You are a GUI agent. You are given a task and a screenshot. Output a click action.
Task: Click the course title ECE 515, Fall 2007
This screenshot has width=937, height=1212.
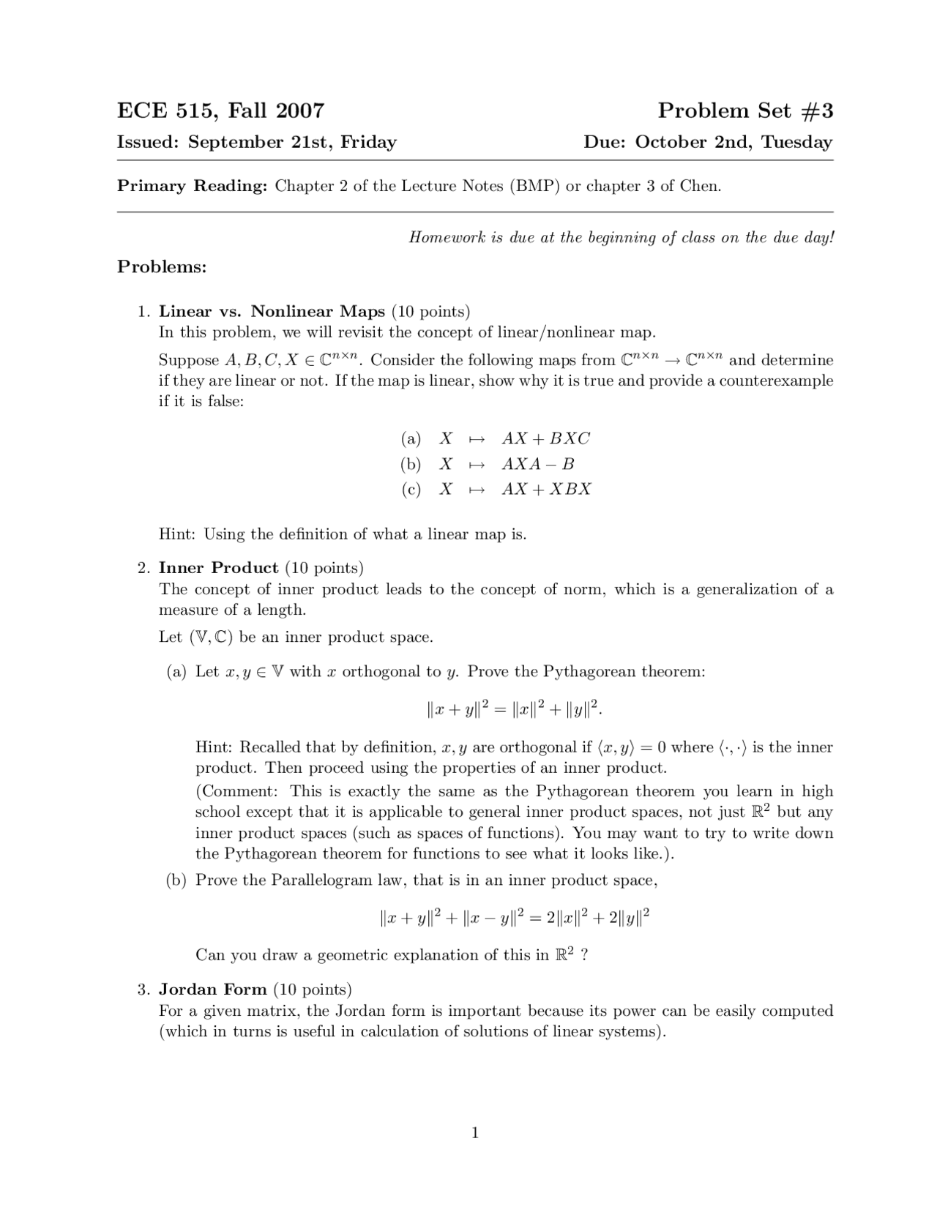tap(220, 111)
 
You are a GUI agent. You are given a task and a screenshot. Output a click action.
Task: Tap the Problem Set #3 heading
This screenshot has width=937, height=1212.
tap(744, 111)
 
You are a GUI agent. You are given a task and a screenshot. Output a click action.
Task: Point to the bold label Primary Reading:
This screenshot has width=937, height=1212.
tap(193, 186)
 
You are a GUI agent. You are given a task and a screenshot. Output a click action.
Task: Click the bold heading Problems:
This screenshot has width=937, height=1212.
tap(162, 266)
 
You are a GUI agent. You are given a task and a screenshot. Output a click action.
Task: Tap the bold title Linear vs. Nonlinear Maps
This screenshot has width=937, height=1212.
tap(272, 312)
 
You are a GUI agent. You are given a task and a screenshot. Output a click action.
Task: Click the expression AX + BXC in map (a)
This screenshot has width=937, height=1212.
tap(545, 438)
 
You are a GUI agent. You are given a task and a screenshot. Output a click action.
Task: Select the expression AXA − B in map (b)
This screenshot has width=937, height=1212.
tap(538, 464)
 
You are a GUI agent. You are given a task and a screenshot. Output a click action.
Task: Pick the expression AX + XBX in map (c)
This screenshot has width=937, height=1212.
tap(546, 489)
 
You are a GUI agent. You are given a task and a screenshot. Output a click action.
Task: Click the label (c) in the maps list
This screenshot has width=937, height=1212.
tap(411, 489)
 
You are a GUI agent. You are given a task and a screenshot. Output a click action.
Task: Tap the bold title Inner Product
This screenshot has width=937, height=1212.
tap(218, 568)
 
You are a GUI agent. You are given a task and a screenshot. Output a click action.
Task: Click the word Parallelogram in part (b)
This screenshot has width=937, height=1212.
tap(322, 880)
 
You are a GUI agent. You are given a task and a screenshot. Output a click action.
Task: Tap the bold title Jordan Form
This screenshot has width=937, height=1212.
tap(213, 990)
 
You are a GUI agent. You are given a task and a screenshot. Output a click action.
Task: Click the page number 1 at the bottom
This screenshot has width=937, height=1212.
tap(475, 1133)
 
